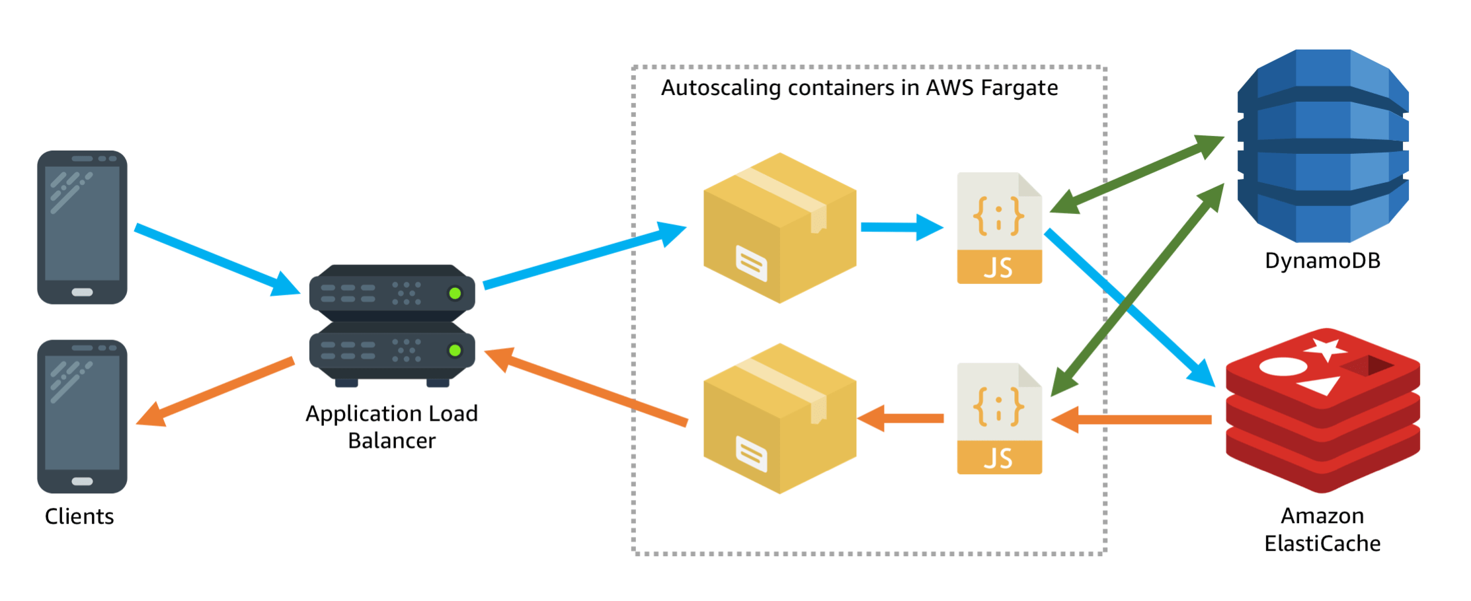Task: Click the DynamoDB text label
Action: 1322,261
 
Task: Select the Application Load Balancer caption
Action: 391,427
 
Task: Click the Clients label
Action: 79,516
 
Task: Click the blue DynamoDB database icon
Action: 1322,145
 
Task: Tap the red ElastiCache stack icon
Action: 1322,409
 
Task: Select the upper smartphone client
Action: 82,227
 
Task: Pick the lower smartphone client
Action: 82,417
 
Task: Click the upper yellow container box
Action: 780,228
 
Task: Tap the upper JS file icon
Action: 999,228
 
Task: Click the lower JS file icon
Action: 999,418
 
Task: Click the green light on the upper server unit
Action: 455,293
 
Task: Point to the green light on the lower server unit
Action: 455,351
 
